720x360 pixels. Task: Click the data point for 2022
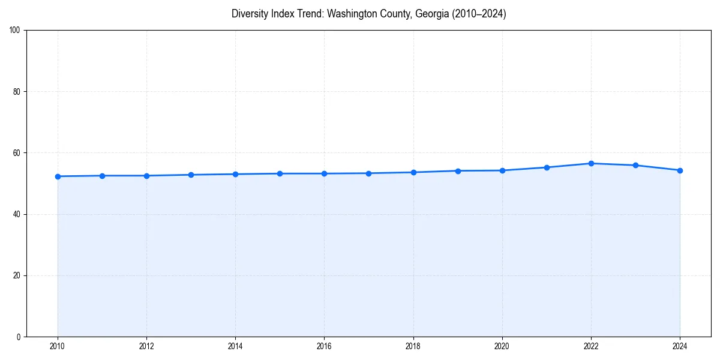tap(591, 163)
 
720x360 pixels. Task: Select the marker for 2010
tap(58, 176)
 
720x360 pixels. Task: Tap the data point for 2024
tap(680, 170)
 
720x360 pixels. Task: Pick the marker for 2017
tap(369, 173)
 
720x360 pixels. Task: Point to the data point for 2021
tap(547, 167)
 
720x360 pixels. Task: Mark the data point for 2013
tap(191, 175)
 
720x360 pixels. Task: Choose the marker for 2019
tap(458, 171)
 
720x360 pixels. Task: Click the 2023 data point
tap(635, 165)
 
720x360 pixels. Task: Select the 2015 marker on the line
tap(280, 173)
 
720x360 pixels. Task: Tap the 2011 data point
tap(102, 176)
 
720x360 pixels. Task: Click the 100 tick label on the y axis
tap(15, 31)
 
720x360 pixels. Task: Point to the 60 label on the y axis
tap(17, 153)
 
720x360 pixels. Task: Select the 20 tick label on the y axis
tap(17, 275)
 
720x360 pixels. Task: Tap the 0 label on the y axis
tap(19, 337)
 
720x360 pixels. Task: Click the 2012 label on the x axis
tap(146, 346)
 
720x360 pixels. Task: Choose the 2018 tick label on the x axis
tap(413, 346)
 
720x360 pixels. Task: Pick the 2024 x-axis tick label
tap(680, 346)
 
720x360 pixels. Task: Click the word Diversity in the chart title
tap(248, 14)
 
